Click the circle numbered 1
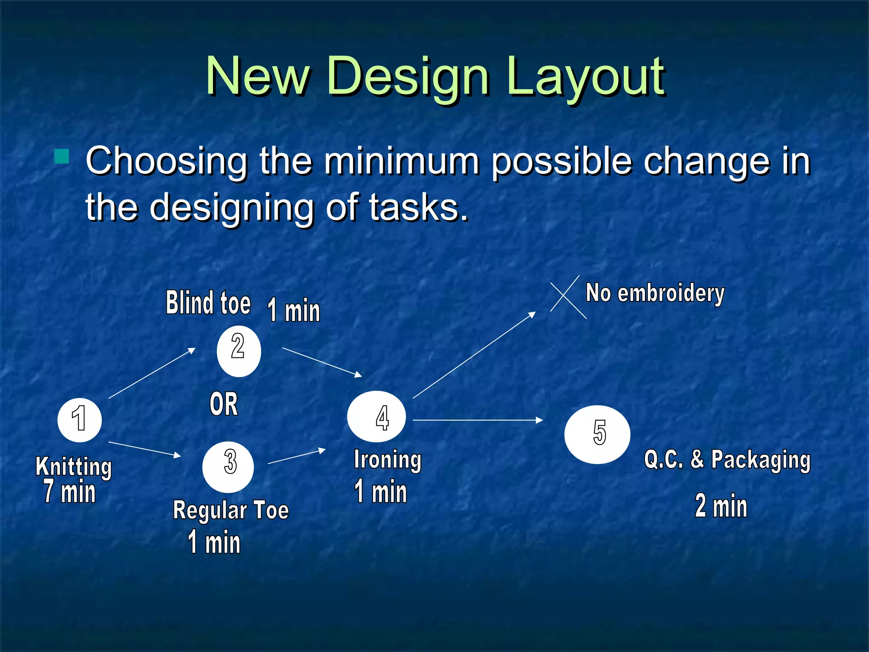point(79,420)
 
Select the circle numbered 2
point(238,351)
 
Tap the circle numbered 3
point(228,467)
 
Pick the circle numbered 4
point(376,416)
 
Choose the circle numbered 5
point(597,434)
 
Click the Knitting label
point(74,467)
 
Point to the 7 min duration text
point(70,492)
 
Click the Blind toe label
point(208,303)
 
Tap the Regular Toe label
point(231,510)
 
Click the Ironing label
point(387,460)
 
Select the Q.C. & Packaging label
point(727,460)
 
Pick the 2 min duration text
point(721,506)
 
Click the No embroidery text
point(655,293)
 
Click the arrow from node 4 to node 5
point(477,420)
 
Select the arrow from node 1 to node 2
point(151,373)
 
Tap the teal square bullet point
point(62,156)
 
